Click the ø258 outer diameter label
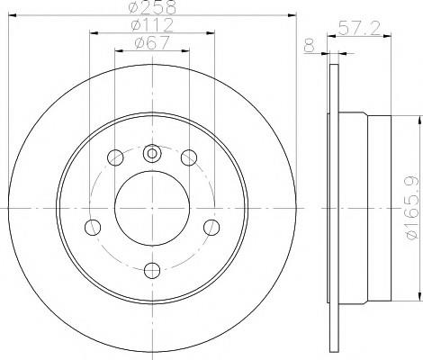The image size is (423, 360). (152, 7)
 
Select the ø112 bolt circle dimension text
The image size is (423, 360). (152, 25)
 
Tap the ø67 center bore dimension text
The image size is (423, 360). (152, 42)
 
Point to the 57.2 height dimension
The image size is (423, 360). (359, 29)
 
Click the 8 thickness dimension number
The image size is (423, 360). (310, 46)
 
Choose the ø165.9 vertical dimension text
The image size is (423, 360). (412, 207)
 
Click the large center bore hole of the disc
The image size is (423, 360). (152, 208)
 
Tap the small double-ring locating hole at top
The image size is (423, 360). (152, 154)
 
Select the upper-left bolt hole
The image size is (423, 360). (115, 157)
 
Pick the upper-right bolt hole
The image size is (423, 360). (189, 157)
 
